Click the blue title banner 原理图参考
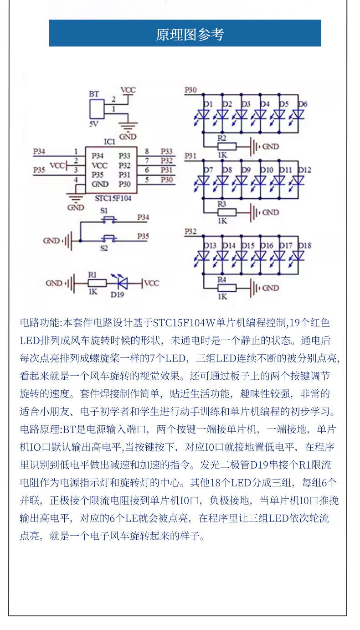pyautogui.click(x=185, y=33)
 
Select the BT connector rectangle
pyautogui.click(x=97, y=109)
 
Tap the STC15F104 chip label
pyautogui.click(x=113, y=198)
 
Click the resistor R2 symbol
pyautogui.click(x=226, y=146)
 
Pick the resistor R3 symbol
pyautogui.click(x=226, y=212)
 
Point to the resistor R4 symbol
pyautogui.click(x=226, y=288)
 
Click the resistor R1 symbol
pyautogui.click(x=97, y=283)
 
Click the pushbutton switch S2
pyautogui.click(x=109, y=238)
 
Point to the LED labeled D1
pyautogui.click(x=202, y=115)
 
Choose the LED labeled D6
pyautogui.click(x=297, y=115)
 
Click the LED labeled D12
pyautogui.click(x=297, y=181)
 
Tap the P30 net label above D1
pyautogui.click(x=190, y=90)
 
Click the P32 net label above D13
pyautogui.click(x=190, y=232)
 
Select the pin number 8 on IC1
pyautogui.click(x=147, y=151)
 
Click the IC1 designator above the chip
pyautogui.click(x=110, y=142)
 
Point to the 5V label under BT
pyautogui.click(x=94, y=124)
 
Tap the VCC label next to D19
pyautogui.click(x=152, y=283)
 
